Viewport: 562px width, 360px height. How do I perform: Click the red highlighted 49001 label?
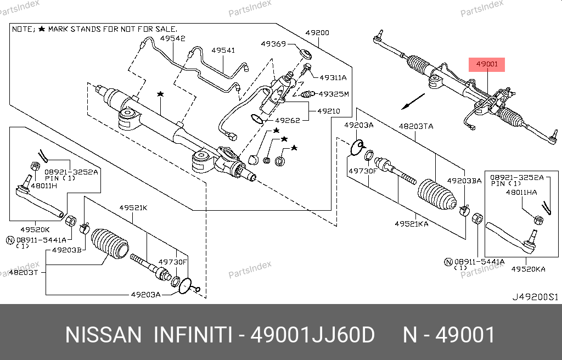tap(487, 64)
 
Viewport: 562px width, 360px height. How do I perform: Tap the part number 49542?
tap(173, 39)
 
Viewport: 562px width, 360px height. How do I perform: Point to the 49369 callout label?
tap(273, 44)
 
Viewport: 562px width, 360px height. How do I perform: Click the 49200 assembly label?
tap(317, 33)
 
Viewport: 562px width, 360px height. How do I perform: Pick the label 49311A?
tap(333, 78)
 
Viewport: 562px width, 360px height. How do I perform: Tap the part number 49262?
tap(287, 120)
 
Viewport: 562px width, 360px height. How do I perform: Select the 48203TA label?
tap(415, 126)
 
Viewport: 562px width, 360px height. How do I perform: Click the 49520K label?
tap(36, 229)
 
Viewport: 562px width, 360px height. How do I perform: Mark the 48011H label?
tap(44, 186)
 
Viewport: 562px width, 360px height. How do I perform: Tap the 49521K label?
tap(133, 208)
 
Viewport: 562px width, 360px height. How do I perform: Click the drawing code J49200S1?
tap(535, 297)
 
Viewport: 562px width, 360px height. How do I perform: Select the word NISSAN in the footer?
tap(103, 335)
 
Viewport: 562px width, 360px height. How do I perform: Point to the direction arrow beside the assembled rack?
tap(413, 101)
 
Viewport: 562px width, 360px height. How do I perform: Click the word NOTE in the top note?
tap(23, 29)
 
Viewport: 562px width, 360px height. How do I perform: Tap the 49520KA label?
tap(528, 269)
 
